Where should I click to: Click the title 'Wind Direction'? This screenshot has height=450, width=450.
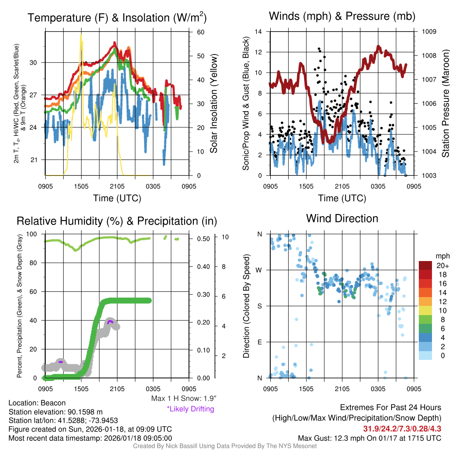click(342, 218)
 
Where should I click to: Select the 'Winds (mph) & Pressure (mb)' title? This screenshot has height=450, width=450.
click(342, 17)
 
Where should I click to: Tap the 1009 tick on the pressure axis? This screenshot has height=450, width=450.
click(429, 32)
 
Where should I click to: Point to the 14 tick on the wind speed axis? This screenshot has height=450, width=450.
click(259, 32)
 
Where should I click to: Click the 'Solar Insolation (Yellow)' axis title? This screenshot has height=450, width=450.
click(214, 104)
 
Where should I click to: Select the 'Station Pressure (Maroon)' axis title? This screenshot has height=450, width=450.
click(445, 104)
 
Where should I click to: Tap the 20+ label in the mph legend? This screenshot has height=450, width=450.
click(442, 266)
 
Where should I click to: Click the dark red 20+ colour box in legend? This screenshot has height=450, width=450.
click(425, 265)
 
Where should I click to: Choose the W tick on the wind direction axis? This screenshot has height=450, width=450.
click(260, 270)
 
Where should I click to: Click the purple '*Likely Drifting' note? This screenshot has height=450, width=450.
click(190, 409)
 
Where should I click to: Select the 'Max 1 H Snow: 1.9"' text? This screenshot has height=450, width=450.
click(184, 399)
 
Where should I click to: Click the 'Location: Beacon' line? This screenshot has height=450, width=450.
click(37, 403)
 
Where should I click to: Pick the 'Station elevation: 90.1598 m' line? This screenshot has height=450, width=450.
click(55, 412)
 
